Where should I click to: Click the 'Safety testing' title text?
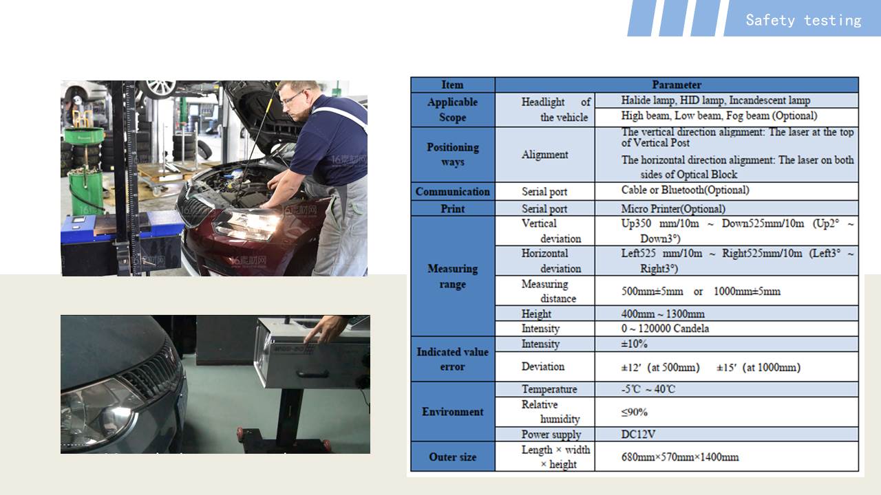[x=803, y=20]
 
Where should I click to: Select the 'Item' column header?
[x=452, y=85]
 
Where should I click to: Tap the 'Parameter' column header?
[x=677, y=85]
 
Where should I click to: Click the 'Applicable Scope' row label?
[x=453, y=109]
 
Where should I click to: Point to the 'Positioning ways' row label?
[x=453, y=154]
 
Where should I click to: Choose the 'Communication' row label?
[x=453, y=191]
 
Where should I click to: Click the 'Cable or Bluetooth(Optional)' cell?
[x=685, y=190]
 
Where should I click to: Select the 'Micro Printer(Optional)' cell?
[x=673, y=208]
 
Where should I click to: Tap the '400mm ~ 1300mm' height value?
[x=663, y=314]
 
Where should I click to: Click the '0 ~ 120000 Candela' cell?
[x=665, y=329]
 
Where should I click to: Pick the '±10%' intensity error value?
[x=634, y=344]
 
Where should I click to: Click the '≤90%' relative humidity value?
[x=635, y=412]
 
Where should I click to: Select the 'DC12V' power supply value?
[x=638, y=434]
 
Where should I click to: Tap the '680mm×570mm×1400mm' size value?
[x=680, y=457]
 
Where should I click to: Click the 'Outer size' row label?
[x=453, y=457]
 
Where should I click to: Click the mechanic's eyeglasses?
[x=294, y=97]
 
